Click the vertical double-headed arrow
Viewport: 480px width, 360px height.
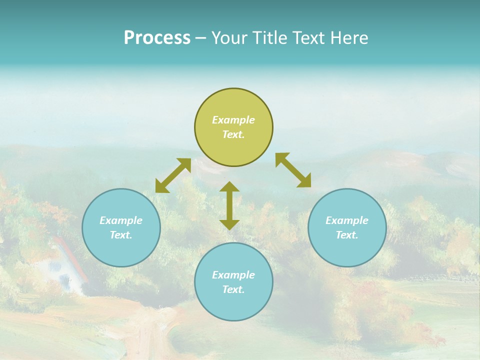point(229,205)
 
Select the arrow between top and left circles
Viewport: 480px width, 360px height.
point(173,175)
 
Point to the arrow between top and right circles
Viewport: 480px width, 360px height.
point(293,170)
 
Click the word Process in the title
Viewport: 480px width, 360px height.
point(157,38)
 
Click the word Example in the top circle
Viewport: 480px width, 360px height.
point(233,120)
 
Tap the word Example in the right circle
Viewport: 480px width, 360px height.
point(347,220)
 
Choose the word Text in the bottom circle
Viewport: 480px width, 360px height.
point(232,289)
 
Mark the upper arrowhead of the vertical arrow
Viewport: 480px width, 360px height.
point(229,186)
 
